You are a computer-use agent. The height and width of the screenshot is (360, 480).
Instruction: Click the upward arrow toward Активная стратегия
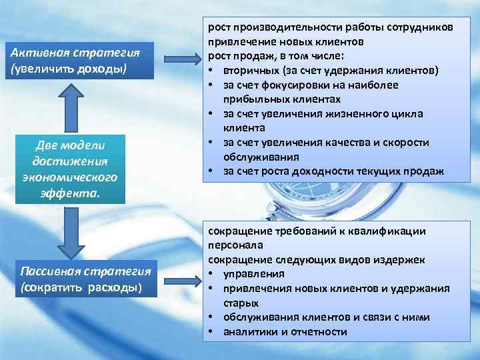[x=65, y=109]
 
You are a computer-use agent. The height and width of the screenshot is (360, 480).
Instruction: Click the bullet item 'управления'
[x=254, y=273]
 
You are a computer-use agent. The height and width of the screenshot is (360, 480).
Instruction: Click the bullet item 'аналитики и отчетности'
[x=285, y=331]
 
